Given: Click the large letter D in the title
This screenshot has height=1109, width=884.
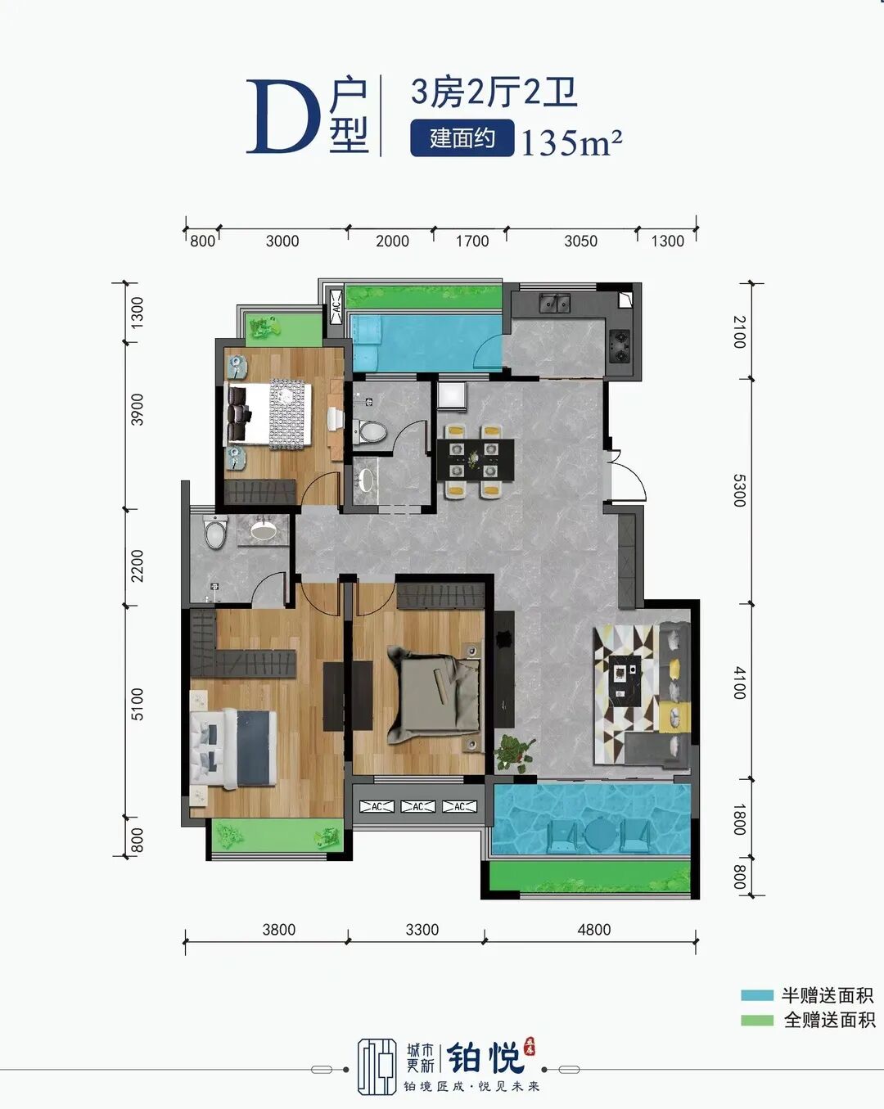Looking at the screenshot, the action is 282,118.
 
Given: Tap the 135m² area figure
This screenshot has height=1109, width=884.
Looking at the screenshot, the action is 571,142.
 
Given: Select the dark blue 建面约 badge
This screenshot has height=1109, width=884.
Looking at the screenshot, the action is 462,138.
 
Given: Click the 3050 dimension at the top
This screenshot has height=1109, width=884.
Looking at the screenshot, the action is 580,241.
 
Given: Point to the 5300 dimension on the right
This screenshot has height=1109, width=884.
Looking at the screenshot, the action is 739,490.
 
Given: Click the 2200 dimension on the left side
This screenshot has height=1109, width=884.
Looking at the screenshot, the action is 137,566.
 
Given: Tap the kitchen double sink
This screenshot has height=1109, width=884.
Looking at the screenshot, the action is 555,303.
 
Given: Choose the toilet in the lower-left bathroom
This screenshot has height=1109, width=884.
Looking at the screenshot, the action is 215,532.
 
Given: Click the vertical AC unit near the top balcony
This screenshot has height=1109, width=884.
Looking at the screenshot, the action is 336,307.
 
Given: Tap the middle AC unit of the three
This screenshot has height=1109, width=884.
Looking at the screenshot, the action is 418,806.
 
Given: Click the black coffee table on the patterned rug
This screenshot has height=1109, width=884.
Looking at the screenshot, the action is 625,681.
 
